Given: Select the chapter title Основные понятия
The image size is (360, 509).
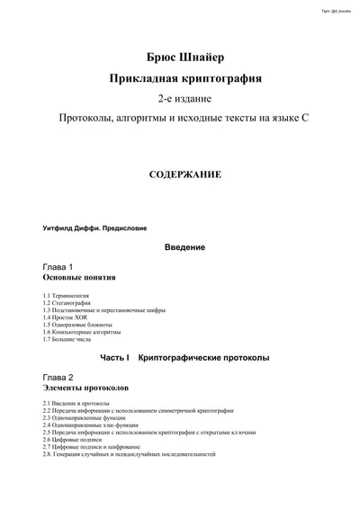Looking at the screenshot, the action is point(79,278).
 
